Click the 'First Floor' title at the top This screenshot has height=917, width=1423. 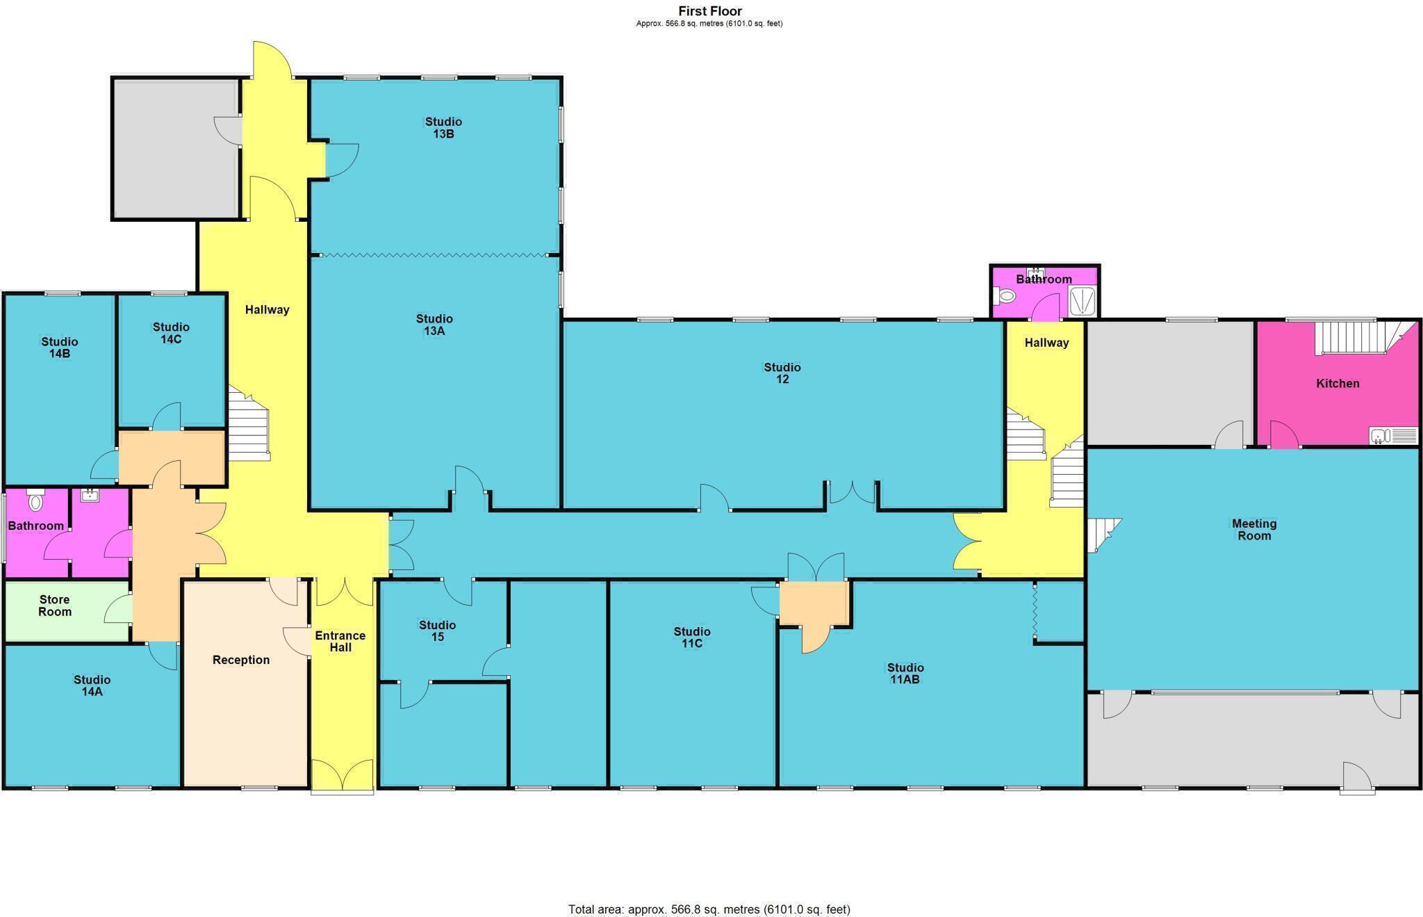point(709,11)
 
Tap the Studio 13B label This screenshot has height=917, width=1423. point(443,128)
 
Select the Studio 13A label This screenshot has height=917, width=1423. point(434,325)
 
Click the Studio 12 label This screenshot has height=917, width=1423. point(782,373)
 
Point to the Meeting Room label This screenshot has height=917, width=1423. point(1253,530)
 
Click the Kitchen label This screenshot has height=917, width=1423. point(1338,384)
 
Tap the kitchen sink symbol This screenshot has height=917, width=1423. point(1393,436)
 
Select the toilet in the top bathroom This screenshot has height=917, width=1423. point(1005,296)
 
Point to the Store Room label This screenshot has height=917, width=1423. point(54,606)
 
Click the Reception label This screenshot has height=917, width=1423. point(240,660)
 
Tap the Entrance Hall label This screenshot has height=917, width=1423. point(340,642)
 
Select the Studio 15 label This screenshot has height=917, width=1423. point(437,631)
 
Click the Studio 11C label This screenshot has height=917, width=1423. point(691,638)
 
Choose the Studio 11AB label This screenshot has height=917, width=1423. point(905,674)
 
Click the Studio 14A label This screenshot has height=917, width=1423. point(92,685)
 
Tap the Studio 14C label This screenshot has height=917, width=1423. point(171,333)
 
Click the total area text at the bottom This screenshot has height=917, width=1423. point(709,909)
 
